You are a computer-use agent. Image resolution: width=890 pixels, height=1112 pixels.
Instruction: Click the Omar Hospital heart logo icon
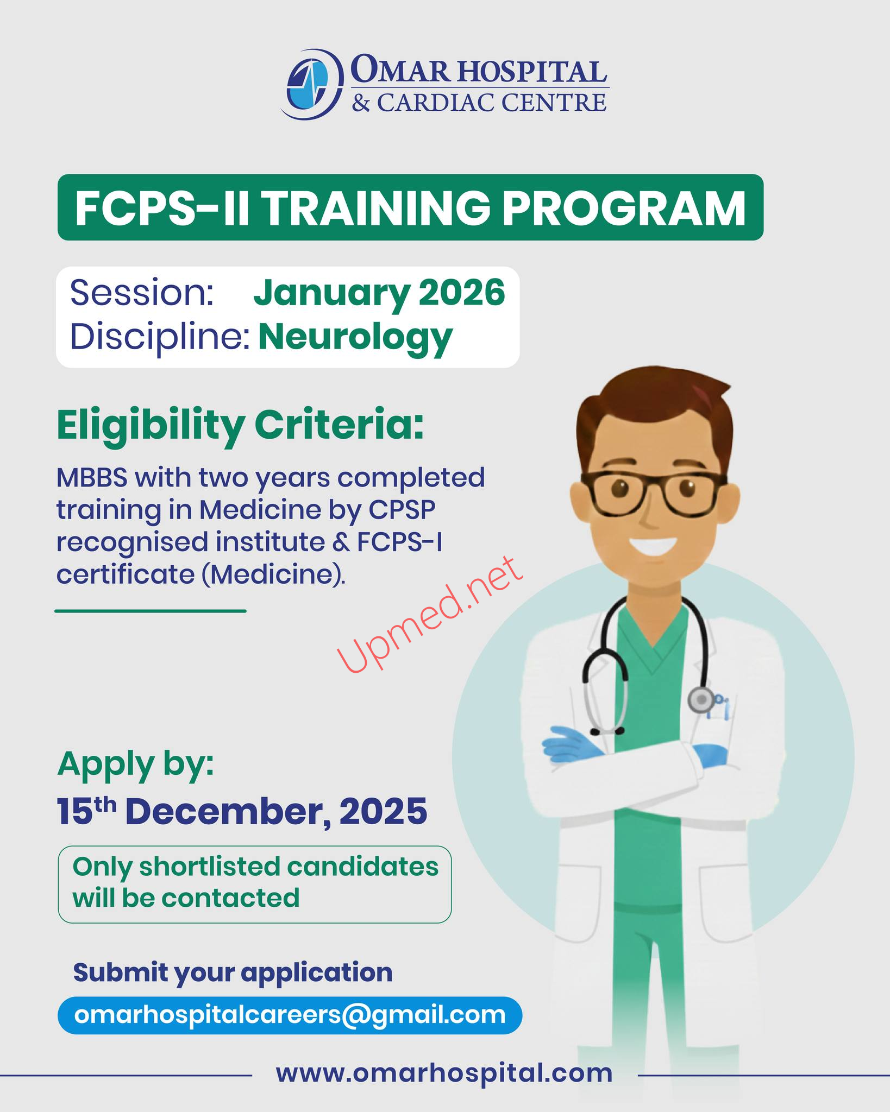(311, 84)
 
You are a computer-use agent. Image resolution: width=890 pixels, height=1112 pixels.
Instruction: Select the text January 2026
(379, 293)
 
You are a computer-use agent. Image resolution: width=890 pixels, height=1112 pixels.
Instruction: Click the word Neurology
(355, 338)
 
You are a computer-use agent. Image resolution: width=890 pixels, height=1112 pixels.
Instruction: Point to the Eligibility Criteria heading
(240, 426)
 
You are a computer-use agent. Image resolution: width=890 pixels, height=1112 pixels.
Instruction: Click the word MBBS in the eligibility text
(92, 478)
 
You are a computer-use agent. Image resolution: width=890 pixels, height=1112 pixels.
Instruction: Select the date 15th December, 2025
(242, 812)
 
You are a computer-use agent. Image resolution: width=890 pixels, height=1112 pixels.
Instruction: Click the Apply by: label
(135, 764)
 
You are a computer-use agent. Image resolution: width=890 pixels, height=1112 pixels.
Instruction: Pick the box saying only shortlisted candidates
(254, 884)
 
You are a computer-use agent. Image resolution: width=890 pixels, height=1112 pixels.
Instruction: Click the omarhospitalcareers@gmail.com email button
(290, 1015)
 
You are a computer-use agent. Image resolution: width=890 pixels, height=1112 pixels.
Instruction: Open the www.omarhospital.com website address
(444, 1073)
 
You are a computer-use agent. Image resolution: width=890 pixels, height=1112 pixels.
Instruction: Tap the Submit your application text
(233, 972)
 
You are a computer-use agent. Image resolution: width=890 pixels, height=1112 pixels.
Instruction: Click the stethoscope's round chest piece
(701, 700)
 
